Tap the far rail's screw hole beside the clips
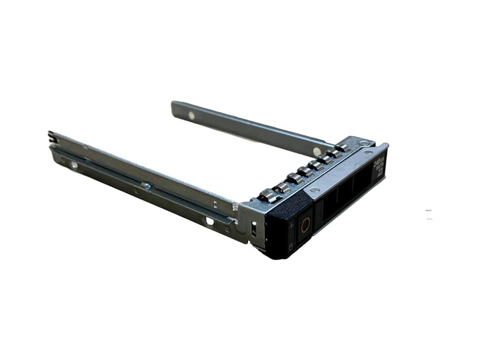[x=316, y=149]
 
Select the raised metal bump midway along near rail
[x=145, y=186]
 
